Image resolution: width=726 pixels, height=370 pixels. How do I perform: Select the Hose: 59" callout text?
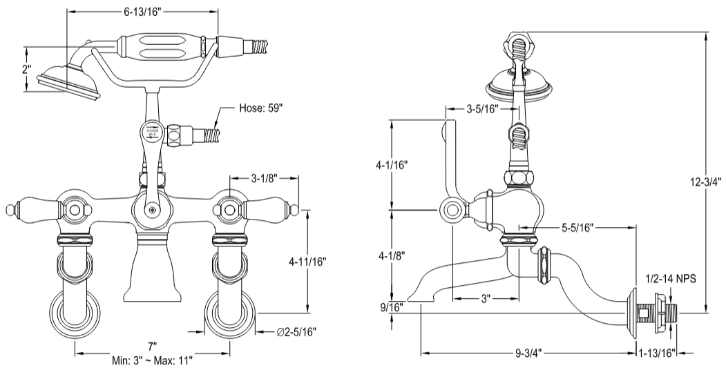pyautogui.click(x=261, y=108)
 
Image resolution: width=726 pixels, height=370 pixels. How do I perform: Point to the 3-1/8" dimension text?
pyautogui.click(x=262, y=177)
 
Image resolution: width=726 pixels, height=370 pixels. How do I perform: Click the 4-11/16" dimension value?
pyautogui.click(x=307, y=262)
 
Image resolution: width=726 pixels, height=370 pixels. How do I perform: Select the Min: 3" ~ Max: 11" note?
pyautogui.click(x=152, y=360)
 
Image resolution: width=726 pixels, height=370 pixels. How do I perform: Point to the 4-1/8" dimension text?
pyautogui.click(x=392, y=255)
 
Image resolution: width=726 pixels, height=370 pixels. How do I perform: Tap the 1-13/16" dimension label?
pyautogui.click(x=658, y=353)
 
